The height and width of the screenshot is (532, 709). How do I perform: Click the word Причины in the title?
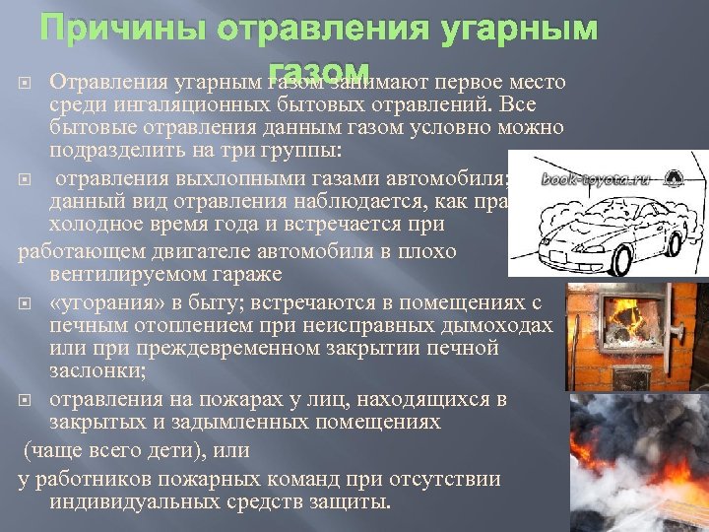117,30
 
